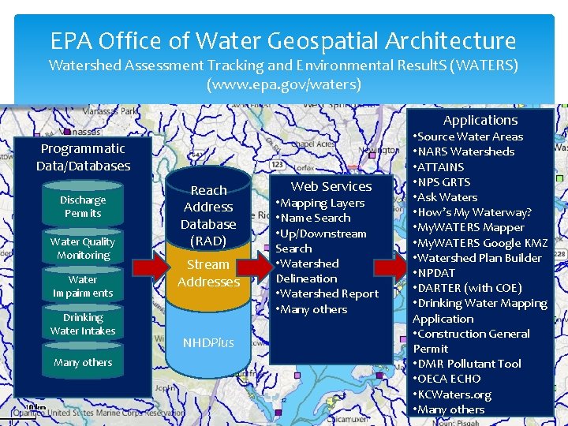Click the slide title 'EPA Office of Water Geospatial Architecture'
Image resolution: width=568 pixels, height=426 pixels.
[x=283, y=40]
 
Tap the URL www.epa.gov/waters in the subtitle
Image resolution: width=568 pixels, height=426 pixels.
[x=283, y=84]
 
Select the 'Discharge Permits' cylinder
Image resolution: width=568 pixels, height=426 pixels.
[x=83, y=207]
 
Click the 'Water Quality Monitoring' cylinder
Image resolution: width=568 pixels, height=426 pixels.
[x=83, y=248]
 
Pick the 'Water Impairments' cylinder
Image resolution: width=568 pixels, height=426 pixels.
[x=83, y=286]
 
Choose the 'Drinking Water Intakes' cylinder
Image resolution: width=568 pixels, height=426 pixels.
[x=83, y=324]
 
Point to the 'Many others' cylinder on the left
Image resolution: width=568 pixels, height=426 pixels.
[x=83, y=363]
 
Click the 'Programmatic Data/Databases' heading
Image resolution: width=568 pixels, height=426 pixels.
[x=83, y=157]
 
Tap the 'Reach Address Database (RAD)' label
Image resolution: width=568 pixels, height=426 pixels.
[x=208, y=215]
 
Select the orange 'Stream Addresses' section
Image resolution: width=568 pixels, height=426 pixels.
[x=208, y=273]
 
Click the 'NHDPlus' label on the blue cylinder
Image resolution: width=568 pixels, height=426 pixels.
[x=208, y=342]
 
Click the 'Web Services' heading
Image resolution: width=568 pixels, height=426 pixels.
[x=331, y=186]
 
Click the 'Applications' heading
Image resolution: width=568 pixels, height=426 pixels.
[x=480, y=120]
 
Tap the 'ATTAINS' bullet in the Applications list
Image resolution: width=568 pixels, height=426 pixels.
[x=440, y=166]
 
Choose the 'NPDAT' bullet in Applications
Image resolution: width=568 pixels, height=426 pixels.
[x=436, y=273]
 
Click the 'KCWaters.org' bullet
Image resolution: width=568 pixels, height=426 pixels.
[x=454, y=394]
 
